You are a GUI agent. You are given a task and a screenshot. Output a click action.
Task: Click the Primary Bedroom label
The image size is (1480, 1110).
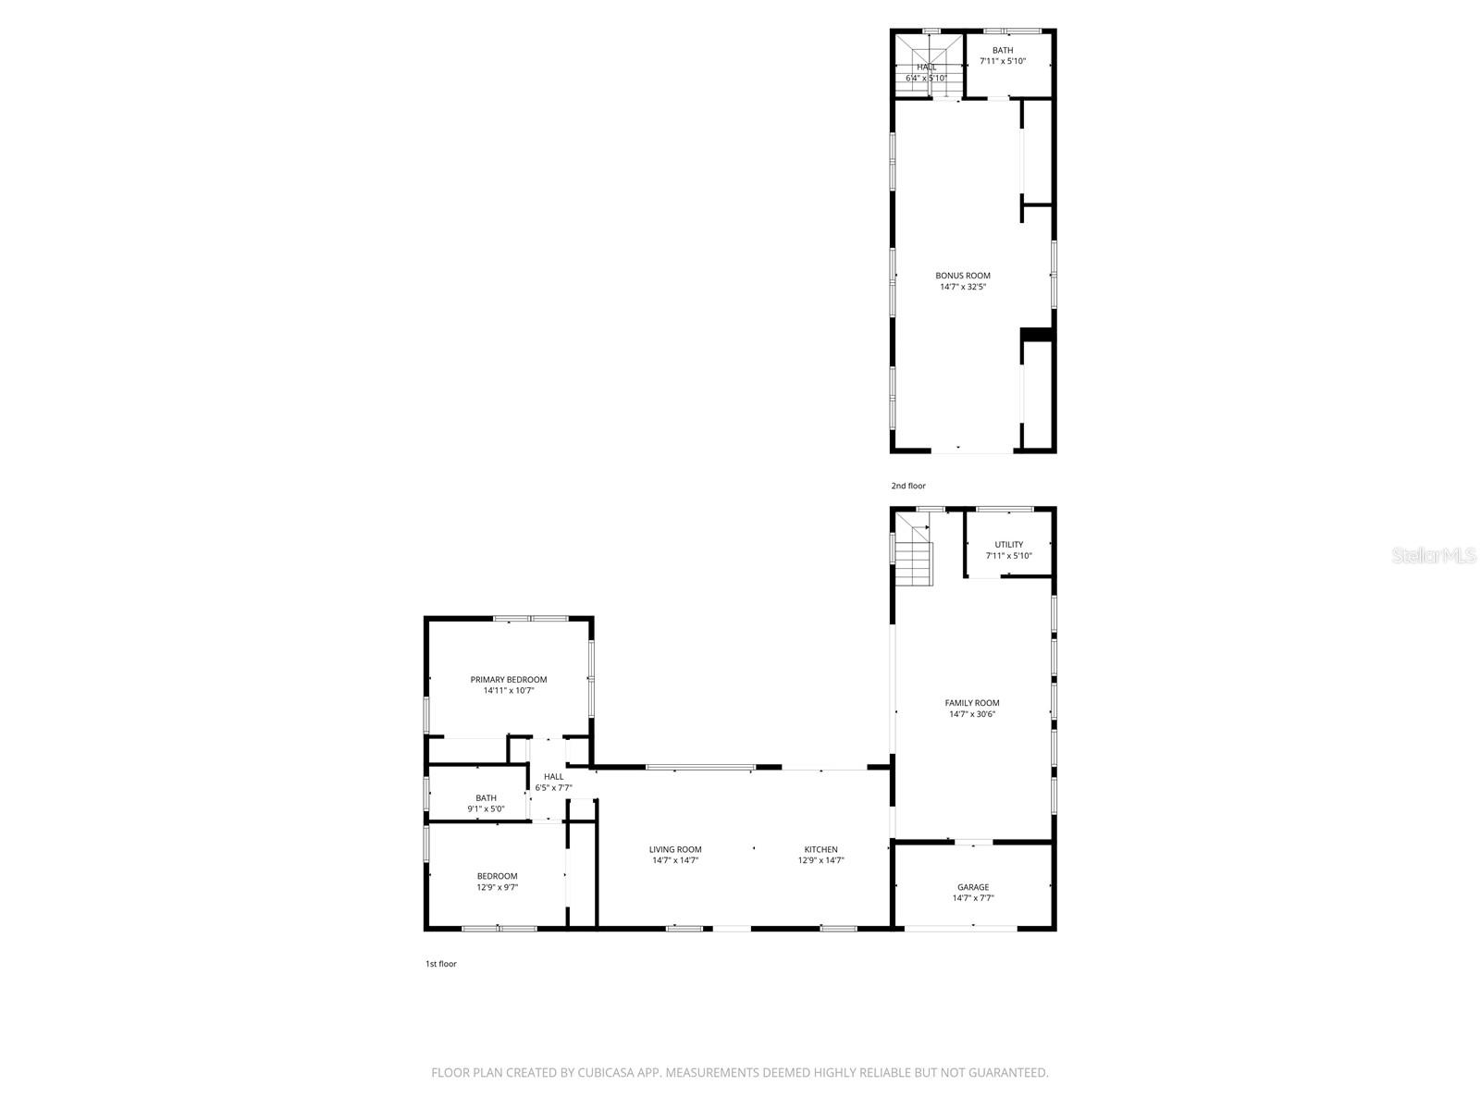point(508,680)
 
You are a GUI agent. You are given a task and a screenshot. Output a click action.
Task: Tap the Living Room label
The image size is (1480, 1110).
point(675,849)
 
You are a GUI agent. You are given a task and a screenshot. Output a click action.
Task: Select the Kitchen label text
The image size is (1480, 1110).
point(820,849)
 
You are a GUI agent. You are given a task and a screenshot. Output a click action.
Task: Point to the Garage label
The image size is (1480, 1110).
point(973,887)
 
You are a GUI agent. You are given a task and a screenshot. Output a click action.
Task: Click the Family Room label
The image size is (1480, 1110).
point(972,703)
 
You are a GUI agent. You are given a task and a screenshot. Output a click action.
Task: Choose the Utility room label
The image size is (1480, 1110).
point(1008,545)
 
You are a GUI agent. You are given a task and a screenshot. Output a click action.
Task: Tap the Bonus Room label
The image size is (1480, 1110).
point(963,276)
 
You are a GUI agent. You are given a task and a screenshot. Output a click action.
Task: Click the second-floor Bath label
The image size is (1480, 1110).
point(1003,51)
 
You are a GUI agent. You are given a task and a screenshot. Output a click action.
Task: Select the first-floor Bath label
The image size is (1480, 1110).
point(486,798)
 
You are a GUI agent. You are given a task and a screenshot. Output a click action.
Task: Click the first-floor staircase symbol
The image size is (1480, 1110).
point(914,555)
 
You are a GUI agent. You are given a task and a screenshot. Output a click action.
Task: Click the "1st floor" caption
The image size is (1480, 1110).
point(441,964)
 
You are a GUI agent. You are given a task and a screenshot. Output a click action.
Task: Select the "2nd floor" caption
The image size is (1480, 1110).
point(908,486)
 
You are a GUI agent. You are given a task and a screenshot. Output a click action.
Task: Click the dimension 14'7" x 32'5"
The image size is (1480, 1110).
point(963,287)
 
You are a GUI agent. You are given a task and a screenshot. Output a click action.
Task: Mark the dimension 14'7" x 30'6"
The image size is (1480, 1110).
point(972,714)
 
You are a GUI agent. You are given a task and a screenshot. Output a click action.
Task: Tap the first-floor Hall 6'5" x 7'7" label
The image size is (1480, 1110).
point(553,783)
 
